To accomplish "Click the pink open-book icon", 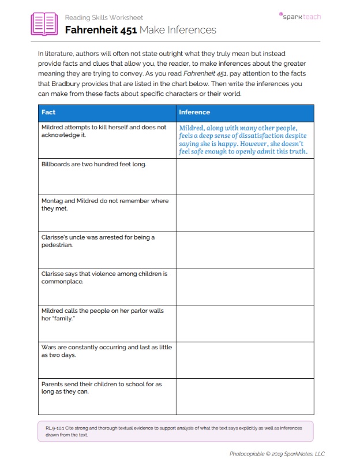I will pos(44,24).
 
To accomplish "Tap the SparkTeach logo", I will pos(299,16).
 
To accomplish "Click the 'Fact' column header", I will pos(48,112).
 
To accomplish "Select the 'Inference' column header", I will pos(194,112).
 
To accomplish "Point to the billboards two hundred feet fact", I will pos(93,164).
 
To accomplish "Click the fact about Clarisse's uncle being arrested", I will pos(98,241).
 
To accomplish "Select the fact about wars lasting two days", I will pos(106,351).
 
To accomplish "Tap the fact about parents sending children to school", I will pos(102,388).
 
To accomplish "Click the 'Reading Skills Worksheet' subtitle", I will pos(104,17).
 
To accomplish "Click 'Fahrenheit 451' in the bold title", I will pos(100,30).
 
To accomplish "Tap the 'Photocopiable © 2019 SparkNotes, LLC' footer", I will pos(277,453).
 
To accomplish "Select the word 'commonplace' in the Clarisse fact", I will pos(62,282).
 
